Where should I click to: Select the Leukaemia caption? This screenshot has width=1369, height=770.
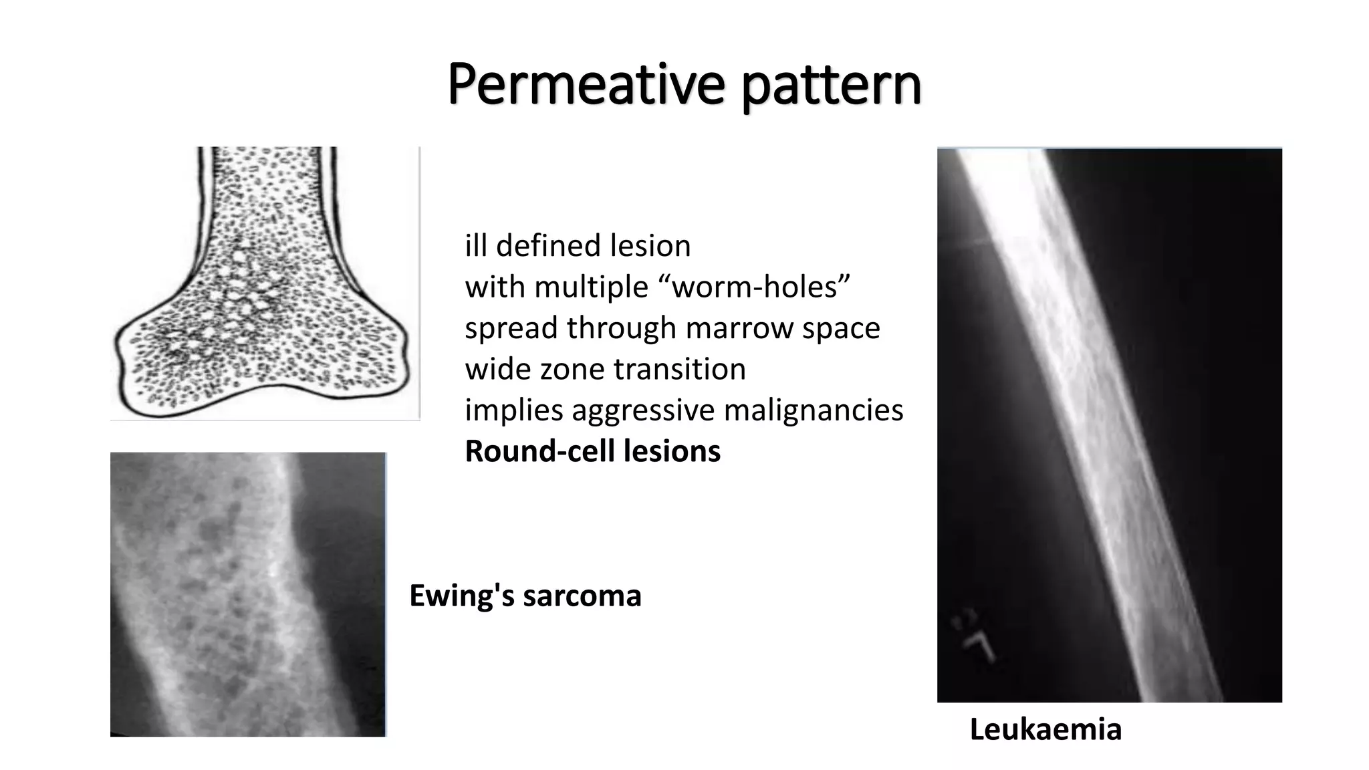pos(1045,729)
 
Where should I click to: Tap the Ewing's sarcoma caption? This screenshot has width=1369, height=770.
pos(525,596)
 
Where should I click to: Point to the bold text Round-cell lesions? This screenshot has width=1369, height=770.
pos(592,451)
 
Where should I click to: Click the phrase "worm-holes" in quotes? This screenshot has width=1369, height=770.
pos(761,287)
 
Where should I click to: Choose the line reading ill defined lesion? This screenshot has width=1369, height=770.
pos(578,246)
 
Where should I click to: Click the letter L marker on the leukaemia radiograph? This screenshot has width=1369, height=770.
pos(978,643)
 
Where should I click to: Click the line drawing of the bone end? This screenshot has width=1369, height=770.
pos(264,283)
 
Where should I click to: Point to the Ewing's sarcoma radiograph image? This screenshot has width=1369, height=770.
pos(247,594)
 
